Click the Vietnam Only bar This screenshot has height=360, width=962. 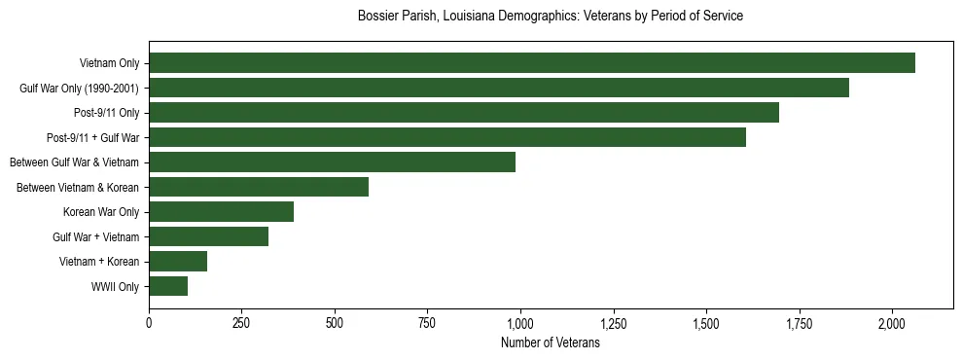point(532,63)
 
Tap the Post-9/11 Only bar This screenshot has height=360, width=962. point(464,113)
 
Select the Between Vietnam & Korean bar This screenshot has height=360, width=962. point(259,187)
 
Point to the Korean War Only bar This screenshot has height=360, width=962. point(221,212)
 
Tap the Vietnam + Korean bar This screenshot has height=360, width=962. point(178,262)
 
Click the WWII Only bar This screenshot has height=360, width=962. point(168,286)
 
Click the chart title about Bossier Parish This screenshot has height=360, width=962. point(551,17)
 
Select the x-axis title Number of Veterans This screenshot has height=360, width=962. point(551,343)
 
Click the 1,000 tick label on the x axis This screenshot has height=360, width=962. point(520,323)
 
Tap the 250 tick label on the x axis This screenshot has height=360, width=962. point(242,323)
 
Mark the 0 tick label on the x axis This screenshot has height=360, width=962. point(149,323)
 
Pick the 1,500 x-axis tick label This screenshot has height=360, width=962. point(706,323)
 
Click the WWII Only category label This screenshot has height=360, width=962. point(115,287)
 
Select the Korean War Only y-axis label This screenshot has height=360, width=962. point(101,212)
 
